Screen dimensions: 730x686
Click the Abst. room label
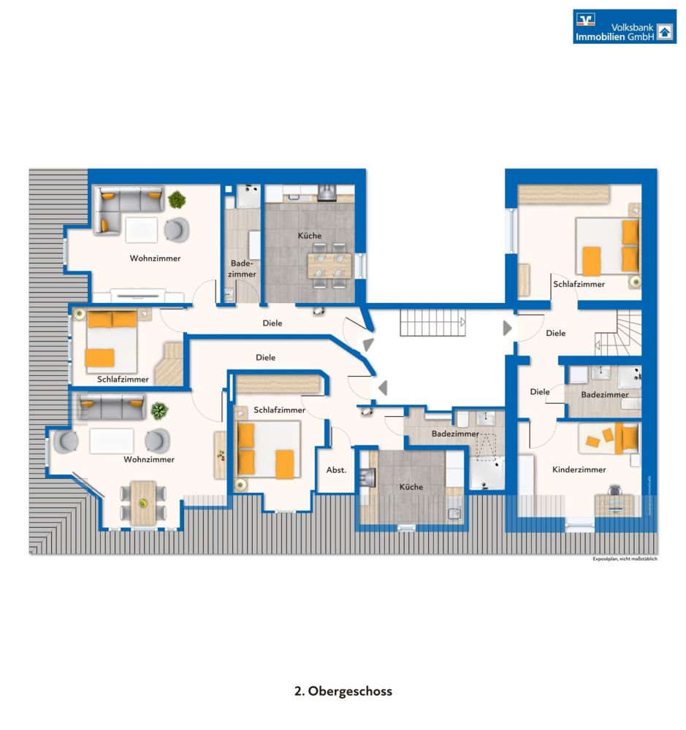tap(336, 470)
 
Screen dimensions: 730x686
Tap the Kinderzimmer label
tap(579, 469)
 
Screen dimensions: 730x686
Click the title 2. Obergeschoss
tap(343, 691)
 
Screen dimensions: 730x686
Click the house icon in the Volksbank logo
tap(664, 31)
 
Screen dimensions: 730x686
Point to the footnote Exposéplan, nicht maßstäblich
tap(625, 559)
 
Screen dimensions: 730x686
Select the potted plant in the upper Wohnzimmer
tap(176, 199)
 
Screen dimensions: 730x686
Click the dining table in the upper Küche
tap(327, 264)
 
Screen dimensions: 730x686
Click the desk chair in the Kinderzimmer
tap(614, 491)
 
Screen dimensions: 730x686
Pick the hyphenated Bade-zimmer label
tap(243, 269)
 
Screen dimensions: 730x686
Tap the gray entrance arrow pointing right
tap(507, 328)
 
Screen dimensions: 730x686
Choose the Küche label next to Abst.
tap(410, 487)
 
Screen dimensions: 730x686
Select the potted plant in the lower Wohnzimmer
tap(159, 411)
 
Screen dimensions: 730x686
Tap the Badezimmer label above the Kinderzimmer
tap(604, 394)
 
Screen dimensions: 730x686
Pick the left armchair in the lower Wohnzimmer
tap(66, 440)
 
